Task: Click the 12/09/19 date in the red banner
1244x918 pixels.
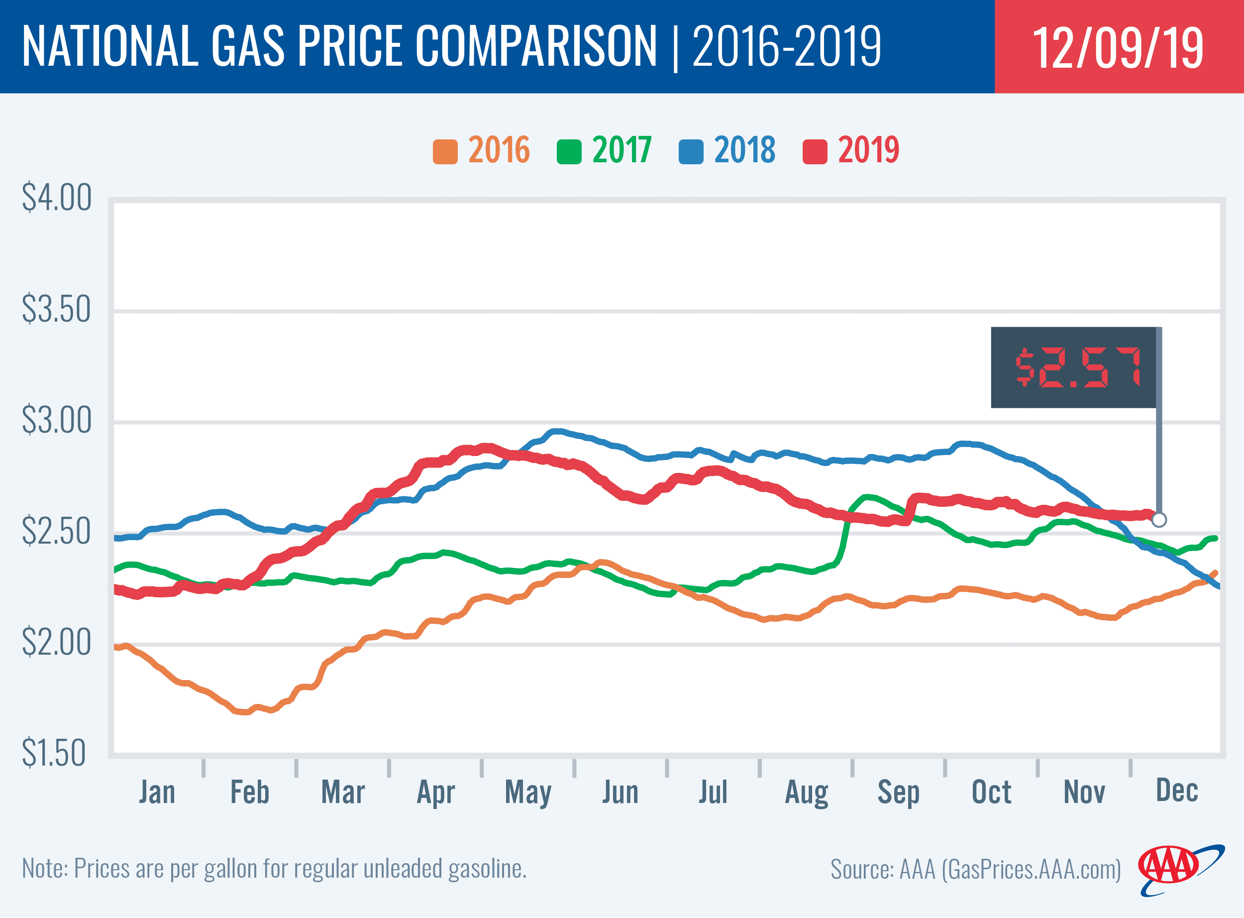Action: [x=1118, y=48]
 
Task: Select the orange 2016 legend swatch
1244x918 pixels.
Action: [x=445, y=152]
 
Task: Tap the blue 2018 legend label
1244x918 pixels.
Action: [x=744, y=150]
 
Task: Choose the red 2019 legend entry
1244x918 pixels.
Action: [x=868, y=150]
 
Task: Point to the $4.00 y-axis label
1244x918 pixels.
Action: [x=56, y=198]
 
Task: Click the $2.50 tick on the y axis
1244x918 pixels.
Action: [x=56, y=532]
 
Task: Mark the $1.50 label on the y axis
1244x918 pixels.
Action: [x=54, y=754]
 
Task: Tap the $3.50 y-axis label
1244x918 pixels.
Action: [x=56, y=310]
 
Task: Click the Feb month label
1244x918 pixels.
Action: [x=249, y=793]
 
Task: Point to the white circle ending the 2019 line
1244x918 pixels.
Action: [x=1159, y=520]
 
